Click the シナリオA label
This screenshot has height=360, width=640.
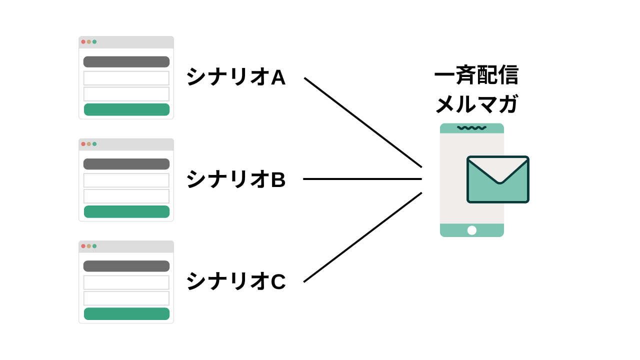[x=236, y=76]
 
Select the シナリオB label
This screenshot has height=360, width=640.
[x=236, y=179]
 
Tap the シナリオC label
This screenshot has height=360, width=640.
[x=236, y=281]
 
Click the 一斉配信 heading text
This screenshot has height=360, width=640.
[x=476, y=75]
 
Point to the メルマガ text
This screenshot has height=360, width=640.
[x=476, y=104]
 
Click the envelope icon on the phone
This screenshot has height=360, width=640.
[x=498, y=179]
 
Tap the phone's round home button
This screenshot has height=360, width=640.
[x=471, y=230]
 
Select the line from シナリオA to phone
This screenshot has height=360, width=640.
[x=363, y=122]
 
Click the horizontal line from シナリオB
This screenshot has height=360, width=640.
[x=362, y=179]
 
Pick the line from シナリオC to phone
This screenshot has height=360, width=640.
[x=363, y=237]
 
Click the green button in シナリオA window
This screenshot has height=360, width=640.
[x=126, y=109]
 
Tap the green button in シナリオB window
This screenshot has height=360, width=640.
[x=126, y=211]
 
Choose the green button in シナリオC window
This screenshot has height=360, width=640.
[x=126, y=313]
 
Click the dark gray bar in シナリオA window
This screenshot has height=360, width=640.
[x=126, y=61]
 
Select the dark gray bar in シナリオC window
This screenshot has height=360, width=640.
[x=126, y=266]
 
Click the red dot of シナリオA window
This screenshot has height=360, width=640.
[x=83, y=41]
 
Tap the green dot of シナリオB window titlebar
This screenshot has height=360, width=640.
[x=94, y=144]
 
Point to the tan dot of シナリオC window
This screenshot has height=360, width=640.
[x=89, y=246]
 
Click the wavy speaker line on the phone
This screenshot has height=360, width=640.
[x=471, y=127]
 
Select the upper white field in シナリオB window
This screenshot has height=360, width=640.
[x=126, y=180]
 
